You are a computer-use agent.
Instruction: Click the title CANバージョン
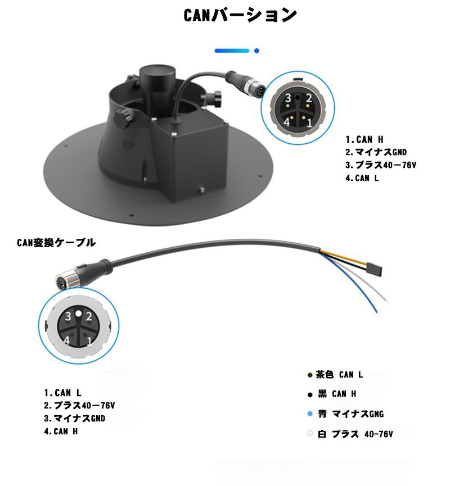[x=240, y=15]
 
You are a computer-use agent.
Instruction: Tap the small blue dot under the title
[x=256, y=51]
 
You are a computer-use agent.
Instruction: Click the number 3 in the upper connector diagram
[x=289, y=98]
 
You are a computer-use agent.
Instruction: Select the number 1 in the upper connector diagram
[x=309, y=123]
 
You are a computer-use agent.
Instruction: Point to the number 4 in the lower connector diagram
[x=67, y=340]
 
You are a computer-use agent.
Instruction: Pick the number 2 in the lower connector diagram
[x=89, y=316]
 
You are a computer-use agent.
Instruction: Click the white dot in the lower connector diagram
[x=79, y=314]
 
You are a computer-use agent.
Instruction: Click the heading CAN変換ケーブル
[x=56, y=243]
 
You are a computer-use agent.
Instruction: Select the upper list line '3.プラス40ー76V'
[x=381, y=165]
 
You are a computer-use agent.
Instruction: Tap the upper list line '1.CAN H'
[x=364, y=139]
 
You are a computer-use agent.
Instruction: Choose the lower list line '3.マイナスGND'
[x=74, y=419]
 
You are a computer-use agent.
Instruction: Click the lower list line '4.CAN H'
[x=61, y=431]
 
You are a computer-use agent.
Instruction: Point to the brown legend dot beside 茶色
[x=310, y=375]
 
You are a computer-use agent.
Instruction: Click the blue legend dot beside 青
[x=310, y=414]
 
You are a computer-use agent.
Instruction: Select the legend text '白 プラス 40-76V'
[x=355, y=434]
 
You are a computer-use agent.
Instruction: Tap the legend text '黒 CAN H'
[x=337, y=394]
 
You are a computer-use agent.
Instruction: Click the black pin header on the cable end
[x=374, y=269]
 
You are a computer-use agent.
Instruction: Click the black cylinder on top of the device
[x=157, y=80]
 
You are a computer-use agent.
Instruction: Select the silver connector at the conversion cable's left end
[x=64, y=280]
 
